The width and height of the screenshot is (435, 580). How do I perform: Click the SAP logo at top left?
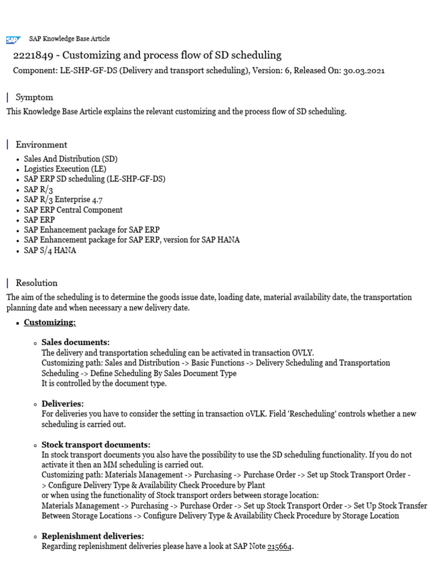coord(12,40)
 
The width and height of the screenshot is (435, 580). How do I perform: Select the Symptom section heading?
coord(34,97)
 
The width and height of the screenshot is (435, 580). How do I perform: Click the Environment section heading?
coord(41,144)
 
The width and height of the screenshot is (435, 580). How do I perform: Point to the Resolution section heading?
coord(36,283)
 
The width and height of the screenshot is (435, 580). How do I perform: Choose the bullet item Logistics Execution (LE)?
coord(65,169)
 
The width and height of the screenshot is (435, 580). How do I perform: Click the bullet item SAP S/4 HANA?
coord(50,250)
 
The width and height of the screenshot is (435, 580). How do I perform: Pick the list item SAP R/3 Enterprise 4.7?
coord(63,199)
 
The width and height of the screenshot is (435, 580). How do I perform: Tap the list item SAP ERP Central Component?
coord(73,210)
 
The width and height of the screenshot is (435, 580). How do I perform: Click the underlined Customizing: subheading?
coord(50,322)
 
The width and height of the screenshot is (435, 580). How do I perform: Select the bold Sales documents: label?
coord(75,342)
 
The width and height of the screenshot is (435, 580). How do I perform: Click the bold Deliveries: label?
coord(62,404)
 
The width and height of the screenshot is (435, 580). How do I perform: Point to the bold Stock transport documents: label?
coord(96,445)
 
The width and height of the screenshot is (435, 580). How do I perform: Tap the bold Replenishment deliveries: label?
coord(92,536)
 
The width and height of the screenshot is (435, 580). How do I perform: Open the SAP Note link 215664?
coord(280,547)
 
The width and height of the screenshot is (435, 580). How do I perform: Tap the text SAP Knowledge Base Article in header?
coord(70,39)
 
